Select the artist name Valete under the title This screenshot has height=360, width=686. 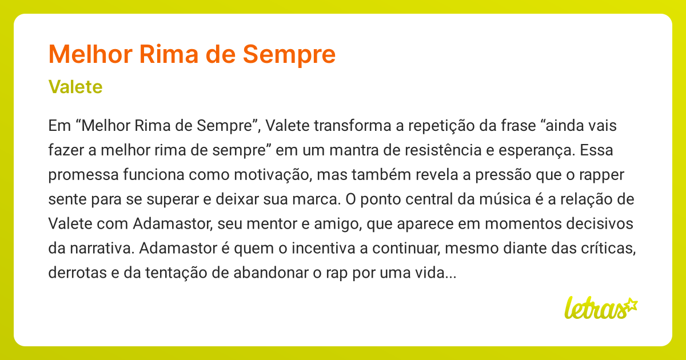[x=75, y=87]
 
